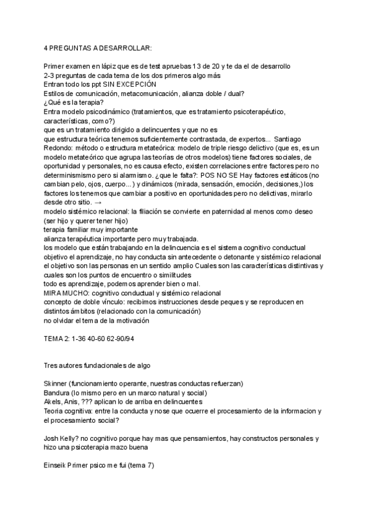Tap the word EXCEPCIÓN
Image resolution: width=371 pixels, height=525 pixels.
(x=135, y=84)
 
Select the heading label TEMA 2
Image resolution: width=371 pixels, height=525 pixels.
(x=57, y=339)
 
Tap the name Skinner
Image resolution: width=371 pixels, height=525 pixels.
(x=56, y=384)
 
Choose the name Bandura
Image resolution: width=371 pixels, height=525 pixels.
(x=59, y=393)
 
